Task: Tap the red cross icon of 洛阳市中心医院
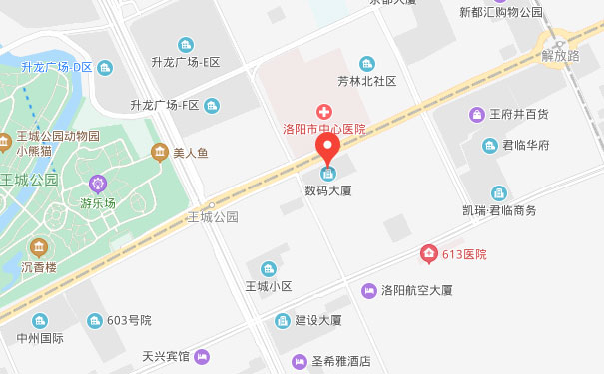pos(324,111)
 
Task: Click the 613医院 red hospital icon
pos(429,254)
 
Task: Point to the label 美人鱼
pos(190,152)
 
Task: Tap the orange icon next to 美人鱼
pos(159,152)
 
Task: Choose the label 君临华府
pos(524,146)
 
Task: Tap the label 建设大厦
pos(318,321)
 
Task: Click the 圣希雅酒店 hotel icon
pos(298,361)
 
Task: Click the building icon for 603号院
pos(95,320)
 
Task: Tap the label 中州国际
pos(40,338)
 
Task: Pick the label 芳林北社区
pos(367,81)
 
